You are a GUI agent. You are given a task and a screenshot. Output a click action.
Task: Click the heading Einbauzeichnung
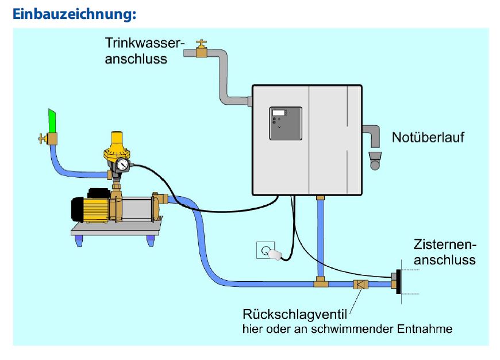pos(74,14)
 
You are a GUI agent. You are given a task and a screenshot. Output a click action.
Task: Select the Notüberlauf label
pos(428,137)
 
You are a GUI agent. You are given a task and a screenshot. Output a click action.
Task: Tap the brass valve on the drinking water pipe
pos(201,50)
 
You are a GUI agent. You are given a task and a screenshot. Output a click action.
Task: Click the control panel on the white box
pos(286,124)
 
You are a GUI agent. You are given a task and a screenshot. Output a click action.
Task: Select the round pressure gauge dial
pos(122,165)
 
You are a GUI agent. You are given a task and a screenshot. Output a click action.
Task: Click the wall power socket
pos(266,251)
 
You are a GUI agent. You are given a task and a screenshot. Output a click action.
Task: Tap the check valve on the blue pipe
pos(360,284)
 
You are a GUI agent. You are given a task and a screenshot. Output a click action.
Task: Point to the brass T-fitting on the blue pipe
pos(321,282)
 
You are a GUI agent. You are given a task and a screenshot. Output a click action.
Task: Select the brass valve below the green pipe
pos(51,139)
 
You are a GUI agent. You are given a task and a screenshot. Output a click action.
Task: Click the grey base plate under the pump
pos(115,231)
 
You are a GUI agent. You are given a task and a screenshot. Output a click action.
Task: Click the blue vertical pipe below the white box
pos(321,236)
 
